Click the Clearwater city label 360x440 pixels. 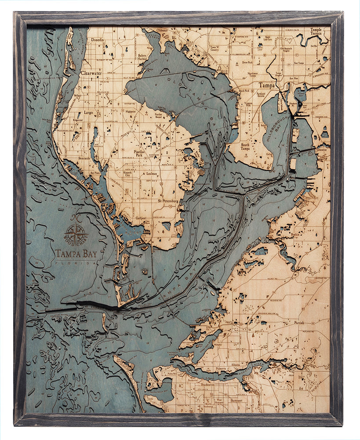pos(91,73)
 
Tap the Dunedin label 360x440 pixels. pos(98,40)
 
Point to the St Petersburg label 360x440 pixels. pos(168,201)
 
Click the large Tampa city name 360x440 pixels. pos(266,85)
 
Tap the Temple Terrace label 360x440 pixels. pos(316,31)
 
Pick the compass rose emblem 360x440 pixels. pos(75,232)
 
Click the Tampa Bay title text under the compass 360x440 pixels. pos(76,253)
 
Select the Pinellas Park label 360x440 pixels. pos(142,154)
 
